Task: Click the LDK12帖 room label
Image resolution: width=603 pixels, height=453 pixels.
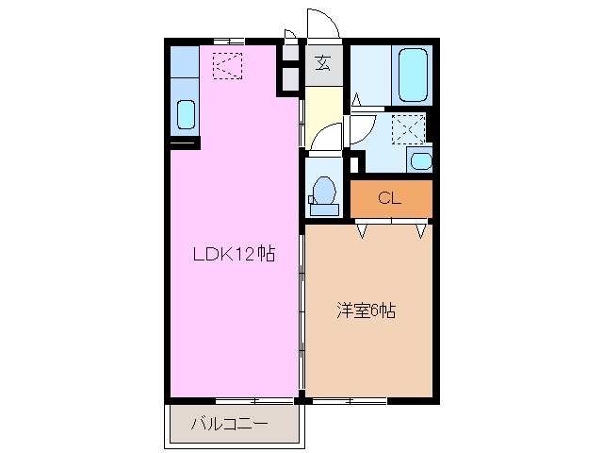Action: click(234, 254)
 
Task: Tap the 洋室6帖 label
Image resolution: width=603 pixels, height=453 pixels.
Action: click(366, 310)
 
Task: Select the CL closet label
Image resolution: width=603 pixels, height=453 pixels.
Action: click(389, 198)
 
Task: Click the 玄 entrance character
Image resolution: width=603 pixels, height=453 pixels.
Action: click(322, 65)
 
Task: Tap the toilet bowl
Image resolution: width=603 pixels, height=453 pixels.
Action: click(324, 190)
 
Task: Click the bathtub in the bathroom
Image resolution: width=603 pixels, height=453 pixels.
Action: click(415, 75)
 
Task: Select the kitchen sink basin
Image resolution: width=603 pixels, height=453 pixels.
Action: click(187, 115)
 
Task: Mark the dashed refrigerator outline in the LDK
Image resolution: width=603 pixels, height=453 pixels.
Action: click(227, 66)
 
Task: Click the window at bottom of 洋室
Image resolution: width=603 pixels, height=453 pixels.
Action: click(349, 401)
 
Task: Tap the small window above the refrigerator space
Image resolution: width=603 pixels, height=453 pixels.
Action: click(227, 41)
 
